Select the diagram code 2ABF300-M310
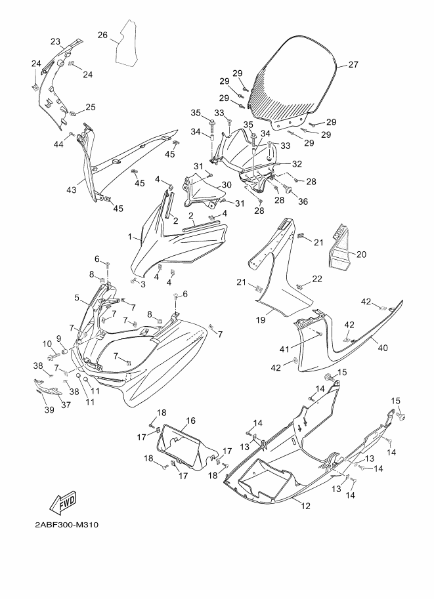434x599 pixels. point(66,525)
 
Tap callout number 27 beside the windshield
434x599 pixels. point(353,65)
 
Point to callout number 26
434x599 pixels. point(102,35)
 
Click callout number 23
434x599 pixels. point(55,41)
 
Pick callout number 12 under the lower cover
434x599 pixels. point(305,506)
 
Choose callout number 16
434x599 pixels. point(191,421)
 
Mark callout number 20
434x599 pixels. point(361,254)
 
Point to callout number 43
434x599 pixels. point(71,190)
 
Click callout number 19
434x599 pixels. point(261,320)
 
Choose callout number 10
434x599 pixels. point(47,344)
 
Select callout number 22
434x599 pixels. point(317,279)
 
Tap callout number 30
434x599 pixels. point(227,184)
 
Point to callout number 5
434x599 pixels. point(77,298)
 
